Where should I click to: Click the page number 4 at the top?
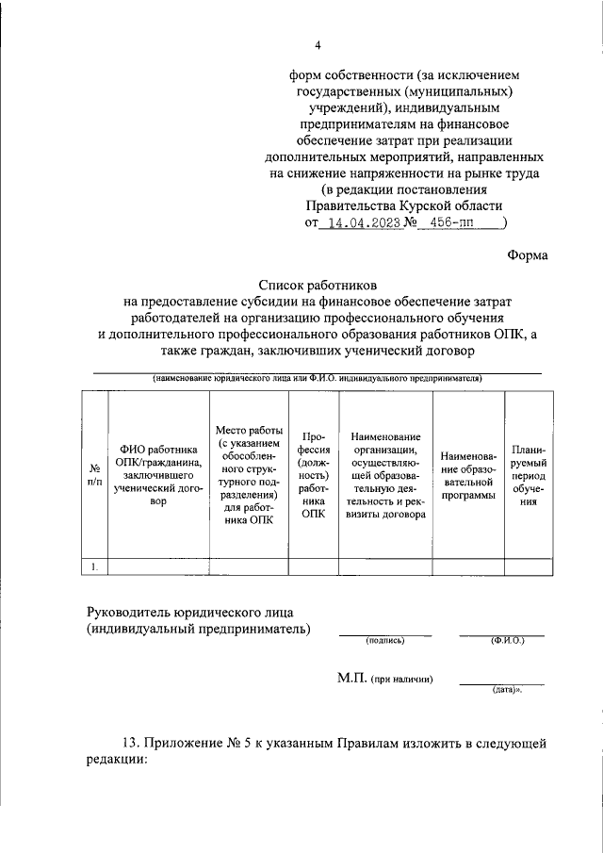318,44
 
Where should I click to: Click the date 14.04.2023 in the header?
362,224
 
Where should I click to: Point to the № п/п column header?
94,474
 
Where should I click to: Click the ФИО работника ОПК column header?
158,475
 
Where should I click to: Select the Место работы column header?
248,475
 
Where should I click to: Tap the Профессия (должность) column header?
311,475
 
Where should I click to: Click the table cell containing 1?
94,566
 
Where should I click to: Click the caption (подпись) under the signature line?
384,641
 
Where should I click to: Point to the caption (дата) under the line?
506,691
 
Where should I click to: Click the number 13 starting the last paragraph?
129,744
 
